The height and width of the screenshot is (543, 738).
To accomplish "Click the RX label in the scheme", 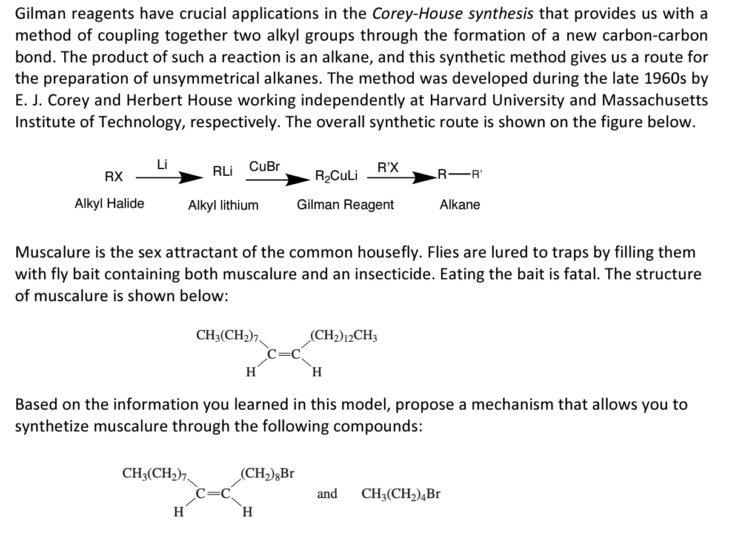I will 113,176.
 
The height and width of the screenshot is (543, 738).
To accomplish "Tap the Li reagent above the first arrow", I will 162,164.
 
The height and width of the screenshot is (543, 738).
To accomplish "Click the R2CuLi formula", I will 336,176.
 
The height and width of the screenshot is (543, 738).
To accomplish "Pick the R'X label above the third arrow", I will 387,167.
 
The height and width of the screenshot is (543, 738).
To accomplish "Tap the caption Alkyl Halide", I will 109,204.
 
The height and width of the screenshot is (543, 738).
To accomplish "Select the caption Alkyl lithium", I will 223,205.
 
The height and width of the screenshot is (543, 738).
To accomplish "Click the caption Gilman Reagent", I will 345,205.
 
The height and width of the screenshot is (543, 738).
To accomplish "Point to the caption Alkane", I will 459,205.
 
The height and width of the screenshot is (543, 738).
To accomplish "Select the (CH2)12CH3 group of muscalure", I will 344,335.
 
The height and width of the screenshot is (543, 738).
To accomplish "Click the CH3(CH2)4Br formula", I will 401,495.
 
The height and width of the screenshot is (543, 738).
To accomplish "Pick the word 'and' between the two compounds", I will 327,495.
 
